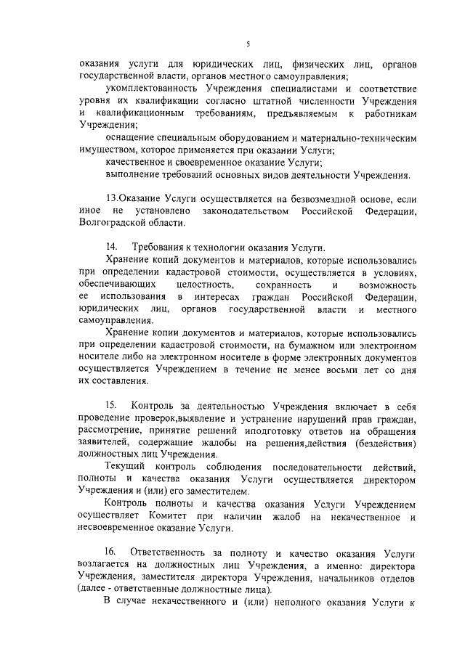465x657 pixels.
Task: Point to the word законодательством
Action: [243, 211]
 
